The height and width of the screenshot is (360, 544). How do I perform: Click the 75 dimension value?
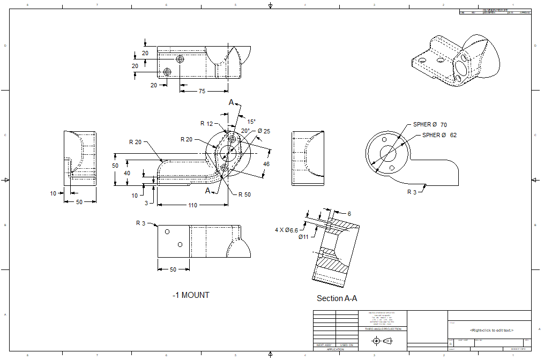tap(202, 91)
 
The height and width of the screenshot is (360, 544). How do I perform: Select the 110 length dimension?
tap(193, 205)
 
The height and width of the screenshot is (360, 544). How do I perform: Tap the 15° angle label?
tap(251, 122)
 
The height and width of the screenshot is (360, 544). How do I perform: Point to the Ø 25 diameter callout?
tap(264, 131)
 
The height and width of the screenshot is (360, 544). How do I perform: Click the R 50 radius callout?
tap(244, 194)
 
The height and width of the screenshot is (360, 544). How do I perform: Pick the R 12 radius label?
tap(207, 124)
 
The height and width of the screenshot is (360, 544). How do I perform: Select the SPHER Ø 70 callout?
tap(430, 124)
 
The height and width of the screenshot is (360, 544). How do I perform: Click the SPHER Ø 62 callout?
tap(439, 135)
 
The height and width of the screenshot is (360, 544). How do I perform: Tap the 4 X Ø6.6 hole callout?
tap(286, 230)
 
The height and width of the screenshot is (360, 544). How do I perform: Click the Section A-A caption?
tap(337, 298)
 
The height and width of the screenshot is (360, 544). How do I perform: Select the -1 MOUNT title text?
tap(191, 295)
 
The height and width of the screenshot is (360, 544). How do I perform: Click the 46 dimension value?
tap(266, 164)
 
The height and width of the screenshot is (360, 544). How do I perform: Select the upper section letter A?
tap(232, 102)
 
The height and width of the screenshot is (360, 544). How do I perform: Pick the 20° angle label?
tap(245, 130)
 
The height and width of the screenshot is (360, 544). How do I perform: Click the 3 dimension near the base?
tap(146, 203)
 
